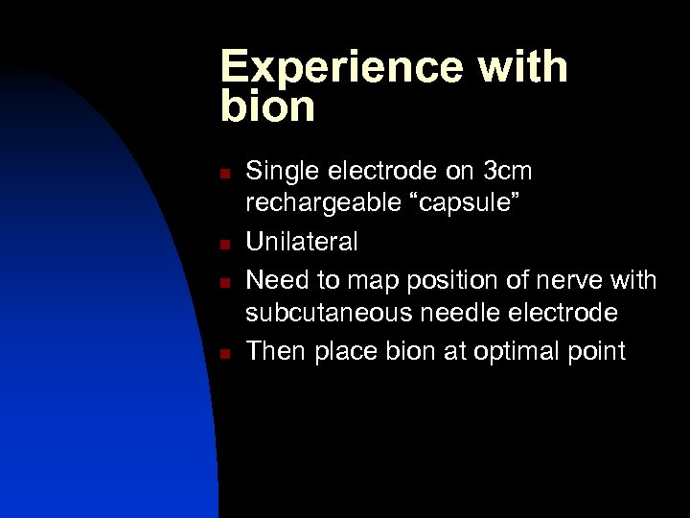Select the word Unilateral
point(302,241)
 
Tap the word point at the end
point(595,351)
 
